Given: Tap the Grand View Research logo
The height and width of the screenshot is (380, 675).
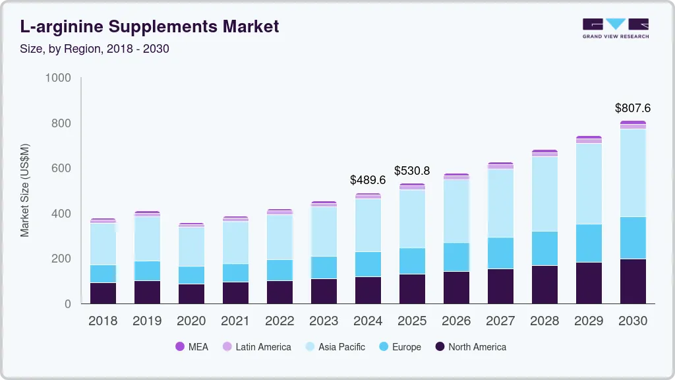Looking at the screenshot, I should click(615, 28).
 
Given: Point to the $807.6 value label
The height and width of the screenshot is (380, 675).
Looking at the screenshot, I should click(632, 108).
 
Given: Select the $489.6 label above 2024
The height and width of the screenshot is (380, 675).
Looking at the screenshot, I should click(367, 179).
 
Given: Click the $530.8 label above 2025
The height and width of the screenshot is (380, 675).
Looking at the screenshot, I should click(412, 170).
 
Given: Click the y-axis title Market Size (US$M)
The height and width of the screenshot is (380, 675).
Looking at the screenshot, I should click(24, 190).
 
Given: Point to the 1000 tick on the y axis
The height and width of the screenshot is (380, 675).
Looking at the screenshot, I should click(57, 78).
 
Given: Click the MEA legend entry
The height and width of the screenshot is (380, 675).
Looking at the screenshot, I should click(192, 347).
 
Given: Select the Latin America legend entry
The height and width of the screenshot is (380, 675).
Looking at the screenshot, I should click(256, 347).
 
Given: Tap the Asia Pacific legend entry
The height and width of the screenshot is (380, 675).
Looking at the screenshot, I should click(334, 347).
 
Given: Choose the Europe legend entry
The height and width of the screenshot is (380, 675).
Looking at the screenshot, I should click(399, 347).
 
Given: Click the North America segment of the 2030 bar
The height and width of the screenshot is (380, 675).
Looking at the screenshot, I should click(633, 282).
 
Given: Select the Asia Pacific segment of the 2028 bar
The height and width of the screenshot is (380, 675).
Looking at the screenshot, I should click(544, 194).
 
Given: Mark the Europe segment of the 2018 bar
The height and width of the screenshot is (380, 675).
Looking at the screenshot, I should click(103, 274).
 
